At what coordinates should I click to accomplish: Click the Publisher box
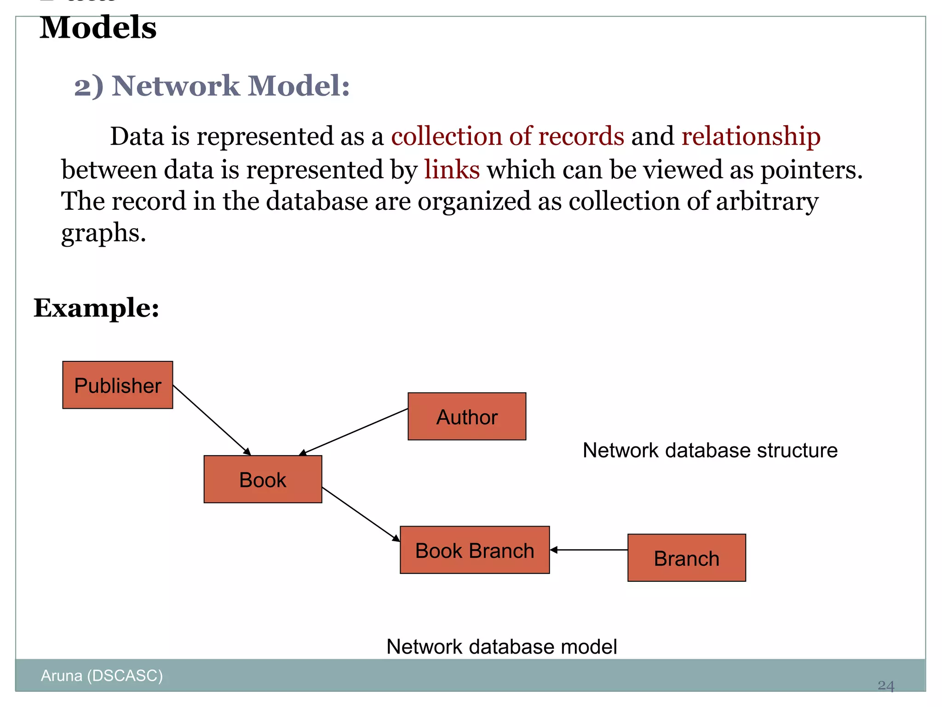pos(118,385)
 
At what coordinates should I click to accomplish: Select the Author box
pos(467,417)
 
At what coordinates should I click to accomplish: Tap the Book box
pos(263,480)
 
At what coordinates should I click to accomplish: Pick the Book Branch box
pos(475,550)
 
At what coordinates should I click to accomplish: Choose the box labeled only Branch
pos(686,558)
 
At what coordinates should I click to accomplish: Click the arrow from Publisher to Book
pos(212,420)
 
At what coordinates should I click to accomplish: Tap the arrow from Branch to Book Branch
pos(589,550)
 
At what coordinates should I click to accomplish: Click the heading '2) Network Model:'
pos(212,86)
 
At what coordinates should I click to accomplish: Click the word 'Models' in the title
pos(98,28)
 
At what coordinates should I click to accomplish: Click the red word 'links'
pos(452,169)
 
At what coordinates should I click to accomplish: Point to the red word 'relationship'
pos(751,136)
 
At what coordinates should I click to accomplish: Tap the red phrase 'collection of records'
pos(507,136)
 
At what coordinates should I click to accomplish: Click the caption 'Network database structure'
pos(710,450)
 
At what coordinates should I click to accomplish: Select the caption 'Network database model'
pos(501,647)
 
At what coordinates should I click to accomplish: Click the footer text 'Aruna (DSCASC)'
pos(102,676)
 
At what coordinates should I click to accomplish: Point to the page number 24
pos(885,686)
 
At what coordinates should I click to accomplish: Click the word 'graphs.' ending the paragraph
pos(103,233)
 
